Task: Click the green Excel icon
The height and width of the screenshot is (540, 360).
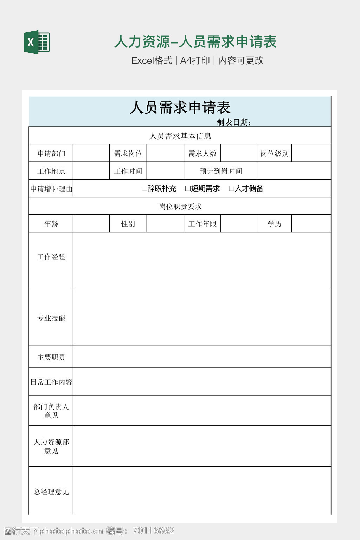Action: tap(37, 43)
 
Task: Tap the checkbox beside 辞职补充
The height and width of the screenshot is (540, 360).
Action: tap(144, 188)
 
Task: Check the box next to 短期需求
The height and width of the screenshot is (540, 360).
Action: tap(188, 188)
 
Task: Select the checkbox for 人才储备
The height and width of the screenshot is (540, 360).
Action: tap(231, 188)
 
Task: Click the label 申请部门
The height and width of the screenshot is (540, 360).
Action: tap(51, 154)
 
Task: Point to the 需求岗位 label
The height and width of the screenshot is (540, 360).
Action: tap(128, 154)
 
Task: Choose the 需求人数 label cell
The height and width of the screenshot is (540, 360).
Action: tap(202, 154)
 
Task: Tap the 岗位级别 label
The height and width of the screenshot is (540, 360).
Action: tap(275, 154)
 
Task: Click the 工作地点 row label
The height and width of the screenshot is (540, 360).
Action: tap(51, 171)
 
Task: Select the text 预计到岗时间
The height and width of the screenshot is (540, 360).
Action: tap(221, 171)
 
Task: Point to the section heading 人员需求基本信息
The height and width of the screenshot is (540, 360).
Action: tap(180, 136)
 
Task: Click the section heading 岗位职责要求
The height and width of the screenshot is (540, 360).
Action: tap(180, 206)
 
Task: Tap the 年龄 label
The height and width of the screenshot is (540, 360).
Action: tap(51, 224)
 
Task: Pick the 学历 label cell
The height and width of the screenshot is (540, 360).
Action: tap(275, 224)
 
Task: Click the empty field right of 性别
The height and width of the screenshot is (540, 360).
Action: tap(165, 224)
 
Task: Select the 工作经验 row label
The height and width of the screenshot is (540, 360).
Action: tap(51, 257)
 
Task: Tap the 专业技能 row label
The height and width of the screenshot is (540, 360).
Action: tap(51, 318)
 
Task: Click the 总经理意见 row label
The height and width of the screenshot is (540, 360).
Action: tap(51, 492)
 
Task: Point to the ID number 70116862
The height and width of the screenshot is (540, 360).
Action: tap(154, 531)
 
